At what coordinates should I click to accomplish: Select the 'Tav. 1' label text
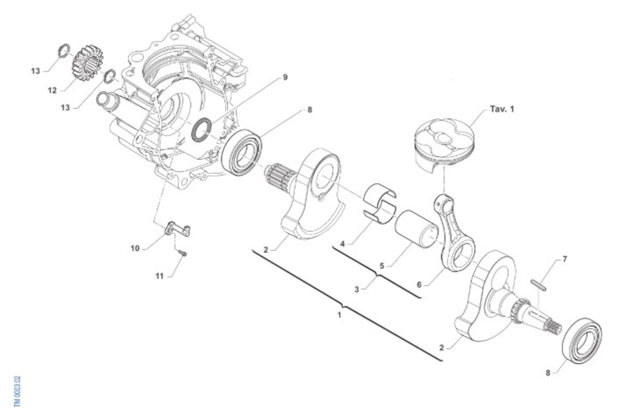coord(502,109)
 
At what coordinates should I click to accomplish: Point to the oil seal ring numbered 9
coord(201,129)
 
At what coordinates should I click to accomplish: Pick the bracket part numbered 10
coord(178,229)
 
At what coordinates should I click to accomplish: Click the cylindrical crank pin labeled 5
coord(416,229)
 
